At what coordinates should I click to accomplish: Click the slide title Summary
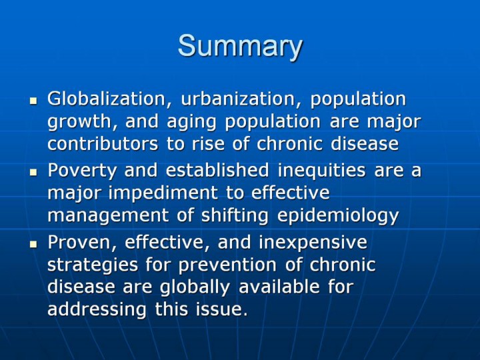tap(240, 47)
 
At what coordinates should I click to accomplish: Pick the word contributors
tap(103, 144)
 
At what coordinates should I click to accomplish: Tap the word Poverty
tap(82, 171)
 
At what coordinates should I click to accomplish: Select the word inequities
tap(322, 171)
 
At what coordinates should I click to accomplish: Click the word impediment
tap(163, 193)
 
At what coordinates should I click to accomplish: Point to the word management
tap(108, 216)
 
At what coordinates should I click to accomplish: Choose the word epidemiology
tap(338, 215)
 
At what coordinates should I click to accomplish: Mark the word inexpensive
tap(313, 243)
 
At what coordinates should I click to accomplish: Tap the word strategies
tap(93, 265)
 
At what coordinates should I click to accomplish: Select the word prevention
tap(227, 265)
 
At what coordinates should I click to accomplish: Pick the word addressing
tap(97, 310)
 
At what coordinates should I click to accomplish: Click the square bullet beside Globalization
tap(33, 101)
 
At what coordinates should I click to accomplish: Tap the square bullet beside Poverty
tap(33, 172)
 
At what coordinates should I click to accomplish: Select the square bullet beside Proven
tap(33, 244)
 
